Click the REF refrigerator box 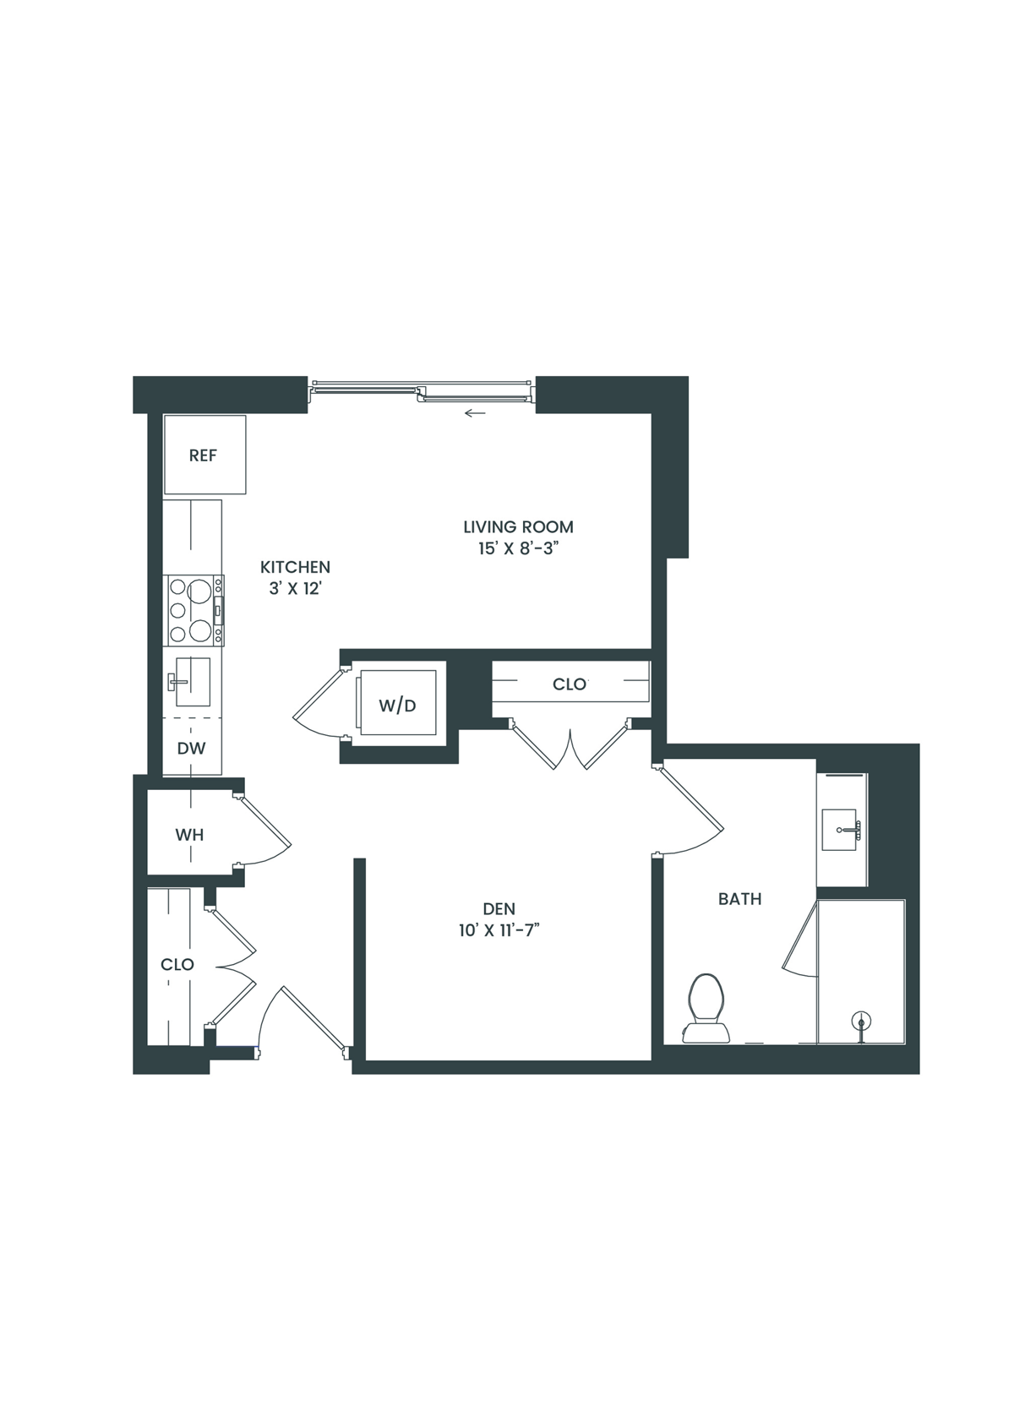click(x=204, y=455)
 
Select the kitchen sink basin click(x=192, y=681)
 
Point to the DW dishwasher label click(x=192, y=748)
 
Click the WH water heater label click(x=189, y=835)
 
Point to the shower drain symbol click(x=861, y=1022)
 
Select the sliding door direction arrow click(x=475, y=414)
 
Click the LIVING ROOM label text click(x=518, y=526)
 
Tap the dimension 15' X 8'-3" click(x=519, y=548)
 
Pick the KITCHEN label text click(x=295, y=567)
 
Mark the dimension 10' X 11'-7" click(x=499, y=930)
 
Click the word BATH click(x=739, y=899)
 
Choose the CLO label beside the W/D click(x=570, y=684)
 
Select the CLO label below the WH click(x=177, y=964)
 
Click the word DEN click(x=499, y=909)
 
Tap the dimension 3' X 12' click(x=295, y=589)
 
